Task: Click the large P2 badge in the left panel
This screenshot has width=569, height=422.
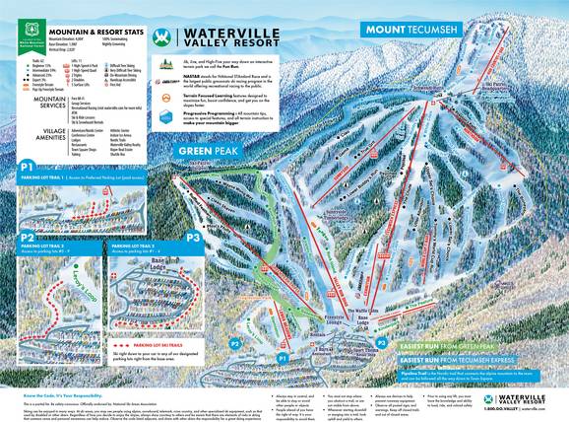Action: (29, 239)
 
